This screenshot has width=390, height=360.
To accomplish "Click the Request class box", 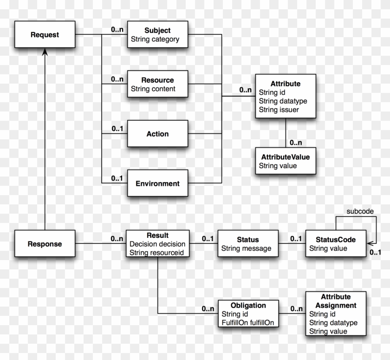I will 44,34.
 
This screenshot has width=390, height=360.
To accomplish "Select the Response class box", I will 45,243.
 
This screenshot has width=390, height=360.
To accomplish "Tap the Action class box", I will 157,134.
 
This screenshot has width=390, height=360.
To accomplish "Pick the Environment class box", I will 157,183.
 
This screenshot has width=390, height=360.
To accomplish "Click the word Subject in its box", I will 157,31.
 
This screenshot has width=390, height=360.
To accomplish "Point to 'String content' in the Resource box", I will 153,89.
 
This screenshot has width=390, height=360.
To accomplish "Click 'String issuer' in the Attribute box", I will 279,110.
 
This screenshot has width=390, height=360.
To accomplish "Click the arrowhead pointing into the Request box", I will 44,53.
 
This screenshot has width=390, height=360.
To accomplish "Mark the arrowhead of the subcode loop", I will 370,242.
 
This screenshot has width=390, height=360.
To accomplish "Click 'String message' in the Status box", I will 246,249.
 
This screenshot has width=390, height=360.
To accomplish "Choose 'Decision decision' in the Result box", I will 157,244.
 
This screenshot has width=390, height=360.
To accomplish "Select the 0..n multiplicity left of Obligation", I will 208,308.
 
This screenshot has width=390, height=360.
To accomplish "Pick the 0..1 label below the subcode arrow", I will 375,252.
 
